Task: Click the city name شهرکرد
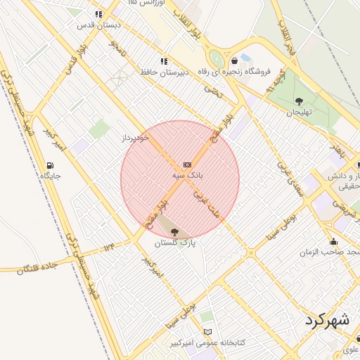(327, 320)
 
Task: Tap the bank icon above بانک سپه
(186, 162)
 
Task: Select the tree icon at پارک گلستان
(174, 232)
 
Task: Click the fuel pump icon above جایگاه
(49, 166)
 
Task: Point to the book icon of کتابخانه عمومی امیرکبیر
(207, 332)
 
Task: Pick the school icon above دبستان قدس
(98, 14)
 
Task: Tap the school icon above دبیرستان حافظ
(164, 61)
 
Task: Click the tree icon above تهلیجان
(299, 101)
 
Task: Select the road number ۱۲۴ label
(108, 247)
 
